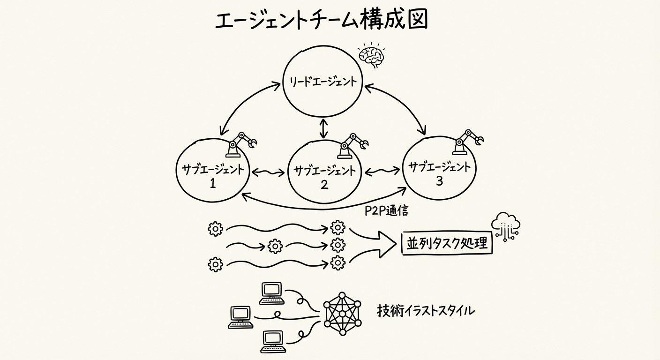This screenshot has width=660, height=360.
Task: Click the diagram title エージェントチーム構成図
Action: tap(321, 21)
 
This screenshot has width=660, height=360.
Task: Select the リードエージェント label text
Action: tap(321, 82)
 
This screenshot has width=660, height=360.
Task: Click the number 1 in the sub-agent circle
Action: tap(212, 183)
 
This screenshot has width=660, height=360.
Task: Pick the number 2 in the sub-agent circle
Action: tap(324, 185)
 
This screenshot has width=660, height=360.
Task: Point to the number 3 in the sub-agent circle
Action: tap(439, 181)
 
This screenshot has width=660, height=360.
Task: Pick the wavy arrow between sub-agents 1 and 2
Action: tap(268, 172)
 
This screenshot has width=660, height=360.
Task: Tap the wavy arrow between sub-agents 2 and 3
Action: tap(382, 172)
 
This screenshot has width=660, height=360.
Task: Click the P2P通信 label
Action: tap(386, 210)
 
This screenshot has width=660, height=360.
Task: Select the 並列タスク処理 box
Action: tap(447, 243)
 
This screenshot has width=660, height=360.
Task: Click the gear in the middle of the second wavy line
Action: tap(275, 246)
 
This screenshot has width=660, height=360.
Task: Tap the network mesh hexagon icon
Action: tap(342, 314)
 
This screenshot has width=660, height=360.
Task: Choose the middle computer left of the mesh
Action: tap(241, 316)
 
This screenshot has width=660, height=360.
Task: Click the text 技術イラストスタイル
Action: tap(426, 310)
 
